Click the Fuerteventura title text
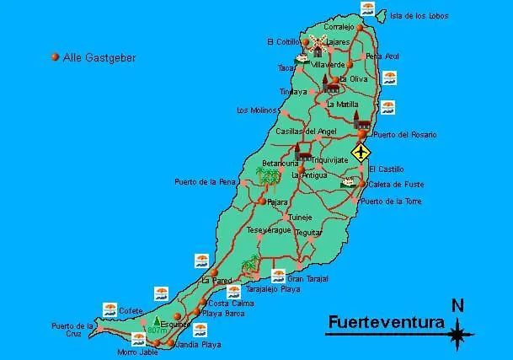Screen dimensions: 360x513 [386, 322]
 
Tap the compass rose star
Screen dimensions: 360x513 [458, 336]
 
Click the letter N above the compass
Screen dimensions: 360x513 [458, 306]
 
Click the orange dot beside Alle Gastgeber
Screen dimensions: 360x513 [56, 57]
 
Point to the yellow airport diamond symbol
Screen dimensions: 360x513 [361, 153]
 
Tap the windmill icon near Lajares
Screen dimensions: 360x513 [318, 44]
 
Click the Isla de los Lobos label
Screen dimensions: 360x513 [419, 16]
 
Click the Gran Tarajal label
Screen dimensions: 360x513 [307, 278]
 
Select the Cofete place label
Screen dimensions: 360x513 [131, 310]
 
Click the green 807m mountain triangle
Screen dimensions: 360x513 [157, 321]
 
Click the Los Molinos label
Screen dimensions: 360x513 [255, 110]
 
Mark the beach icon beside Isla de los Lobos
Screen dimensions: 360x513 [368, 8]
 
